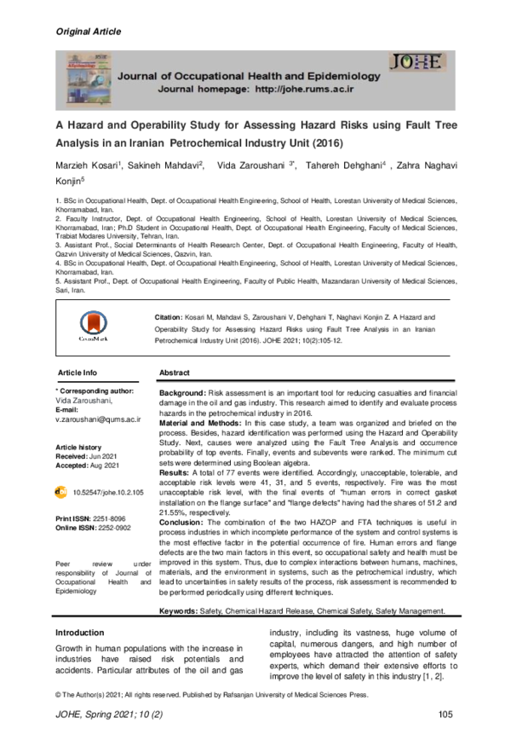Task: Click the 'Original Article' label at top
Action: [x=88, y=32]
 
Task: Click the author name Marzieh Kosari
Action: [x=88, y=165]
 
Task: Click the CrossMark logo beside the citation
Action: [x=94, y=325]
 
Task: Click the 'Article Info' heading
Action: [x=78, y=373]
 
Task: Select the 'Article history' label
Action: [x=78, y=447]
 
